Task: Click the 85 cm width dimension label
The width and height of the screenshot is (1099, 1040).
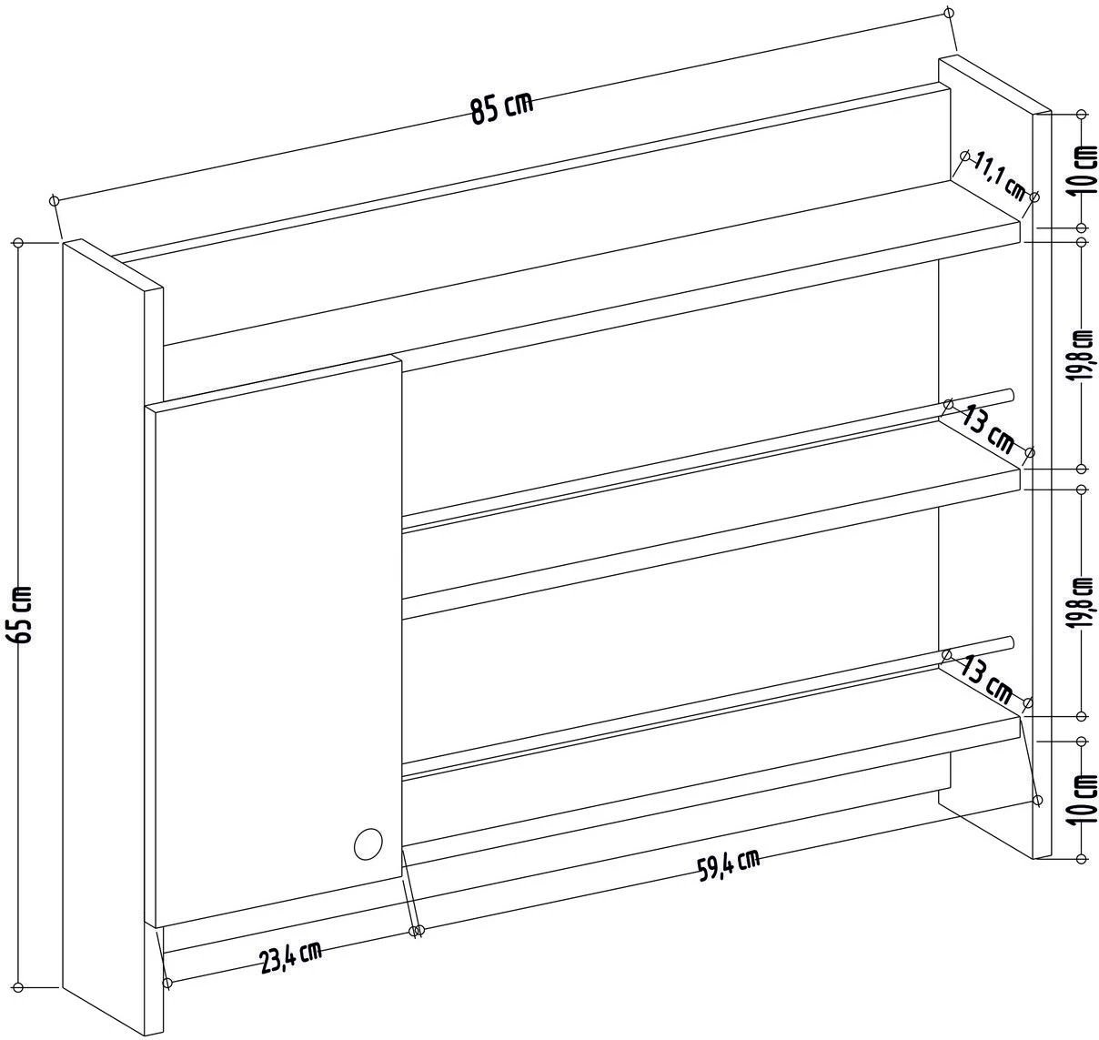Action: coord(501,108)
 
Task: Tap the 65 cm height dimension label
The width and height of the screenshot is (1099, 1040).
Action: coord(23,614)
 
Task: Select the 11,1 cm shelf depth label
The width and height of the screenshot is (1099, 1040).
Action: coord(1000,177)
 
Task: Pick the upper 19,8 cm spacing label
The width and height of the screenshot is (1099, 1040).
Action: coord(1083,356)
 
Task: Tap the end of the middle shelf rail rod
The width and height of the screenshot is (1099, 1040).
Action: coord(1010,395)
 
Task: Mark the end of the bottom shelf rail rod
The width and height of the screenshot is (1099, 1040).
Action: coord(1010,642)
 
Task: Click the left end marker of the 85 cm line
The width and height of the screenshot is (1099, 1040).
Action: coord(55,199)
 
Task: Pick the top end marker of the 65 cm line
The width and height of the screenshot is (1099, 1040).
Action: coord(18,243)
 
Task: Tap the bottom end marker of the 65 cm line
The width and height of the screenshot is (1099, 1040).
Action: coord(18,987)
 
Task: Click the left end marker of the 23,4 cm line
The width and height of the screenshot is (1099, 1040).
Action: coord(166,983)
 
